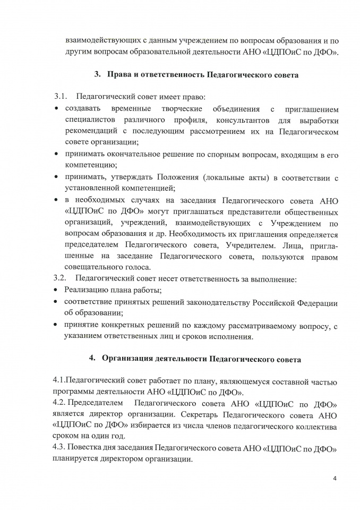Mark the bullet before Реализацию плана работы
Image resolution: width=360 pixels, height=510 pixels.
point(57,291)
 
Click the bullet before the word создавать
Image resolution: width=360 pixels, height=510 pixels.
point(57,109)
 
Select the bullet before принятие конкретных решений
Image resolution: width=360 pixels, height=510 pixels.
point(57,325)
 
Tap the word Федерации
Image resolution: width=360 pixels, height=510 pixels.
point(314,302)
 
